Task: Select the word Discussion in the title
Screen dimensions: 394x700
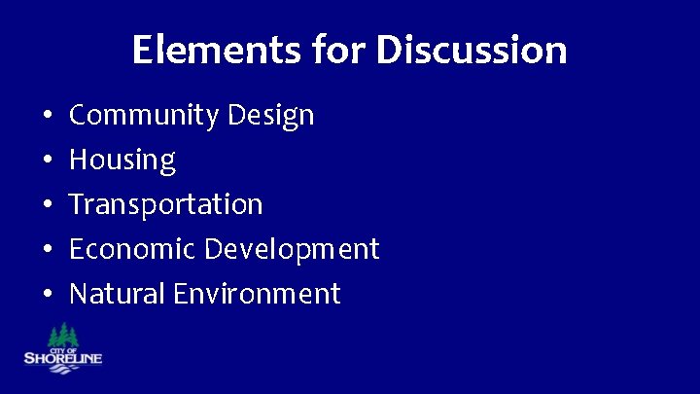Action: tap(472, 50)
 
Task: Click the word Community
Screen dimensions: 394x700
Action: tap(145, 116)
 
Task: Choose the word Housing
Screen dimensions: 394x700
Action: tap(122, 161)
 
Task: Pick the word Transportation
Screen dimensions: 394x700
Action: tap(166, 205)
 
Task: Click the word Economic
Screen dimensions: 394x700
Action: tap(132, 249)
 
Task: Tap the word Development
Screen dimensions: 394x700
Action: tap(292, 250)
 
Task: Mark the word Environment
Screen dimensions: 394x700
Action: tap(257, 293)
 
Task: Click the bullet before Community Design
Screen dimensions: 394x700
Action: tap(48, 117)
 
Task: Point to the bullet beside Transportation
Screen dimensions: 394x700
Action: tap(48, 205)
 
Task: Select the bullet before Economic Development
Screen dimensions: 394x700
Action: tap(48, 250)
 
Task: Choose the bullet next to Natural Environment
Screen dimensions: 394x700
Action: tap(48, 294)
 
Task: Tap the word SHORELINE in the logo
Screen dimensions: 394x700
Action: tap(62, 359)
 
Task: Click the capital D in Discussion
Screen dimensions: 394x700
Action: tap(390, 50)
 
